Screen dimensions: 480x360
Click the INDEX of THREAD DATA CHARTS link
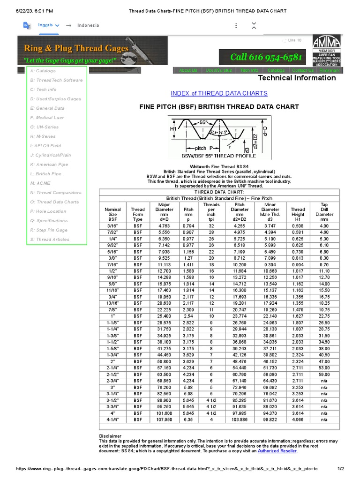(219, 93)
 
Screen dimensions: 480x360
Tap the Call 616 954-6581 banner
(266, 57)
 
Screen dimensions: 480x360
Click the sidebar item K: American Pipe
(49, 165)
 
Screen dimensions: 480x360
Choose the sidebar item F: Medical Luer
(47, 118)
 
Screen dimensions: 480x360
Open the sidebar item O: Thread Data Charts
(54, 202)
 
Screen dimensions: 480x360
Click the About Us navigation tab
(188, 70)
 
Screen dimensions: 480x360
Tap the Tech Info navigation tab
(249, 70)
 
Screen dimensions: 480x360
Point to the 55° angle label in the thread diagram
(203, 122)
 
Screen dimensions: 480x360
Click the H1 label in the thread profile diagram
(173, 128)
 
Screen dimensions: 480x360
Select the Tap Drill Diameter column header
(324, 212)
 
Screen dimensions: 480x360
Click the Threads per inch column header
(211, 212)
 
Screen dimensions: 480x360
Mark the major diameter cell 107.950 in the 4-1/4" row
(164, 420)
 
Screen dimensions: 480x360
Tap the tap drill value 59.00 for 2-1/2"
(324, 375)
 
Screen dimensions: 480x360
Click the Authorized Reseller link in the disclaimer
(277, 451)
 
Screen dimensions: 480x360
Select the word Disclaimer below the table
(110, 436)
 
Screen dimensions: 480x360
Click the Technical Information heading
(297, 78)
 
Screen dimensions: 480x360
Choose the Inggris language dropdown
(48, 25)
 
